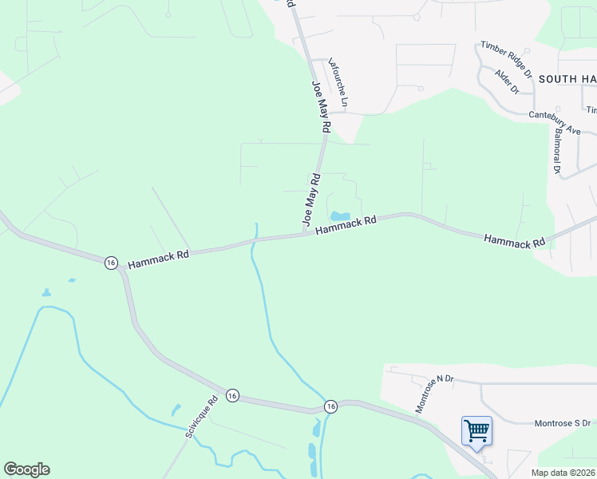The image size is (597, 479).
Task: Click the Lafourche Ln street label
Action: [339, 82]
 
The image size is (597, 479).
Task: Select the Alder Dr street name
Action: [507, 81]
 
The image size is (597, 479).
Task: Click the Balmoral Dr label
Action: [556, 149]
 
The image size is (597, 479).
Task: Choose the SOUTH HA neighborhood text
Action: [567, 78]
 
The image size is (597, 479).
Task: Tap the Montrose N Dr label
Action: [433, 394]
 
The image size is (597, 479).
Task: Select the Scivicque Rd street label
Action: [201, 418]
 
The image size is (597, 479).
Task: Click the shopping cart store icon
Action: [476, 431]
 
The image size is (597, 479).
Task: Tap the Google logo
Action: [26, 469]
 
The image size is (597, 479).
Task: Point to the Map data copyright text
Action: [563, 473]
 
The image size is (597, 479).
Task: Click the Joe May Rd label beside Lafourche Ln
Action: [320, 105]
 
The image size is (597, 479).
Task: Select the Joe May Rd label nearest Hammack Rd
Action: [310, 199]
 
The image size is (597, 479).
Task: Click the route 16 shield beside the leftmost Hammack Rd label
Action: [111, 262]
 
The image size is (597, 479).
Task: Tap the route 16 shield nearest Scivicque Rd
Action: [231, 395]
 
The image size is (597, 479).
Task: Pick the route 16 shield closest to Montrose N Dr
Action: [330, 407]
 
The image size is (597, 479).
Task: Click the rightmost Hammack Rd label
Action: [514, 239]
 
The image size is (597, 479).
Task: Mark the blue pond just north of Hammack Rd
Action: [341, 216]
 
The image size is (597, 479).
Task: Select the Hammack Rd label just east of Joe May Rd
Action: [346, 225]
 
